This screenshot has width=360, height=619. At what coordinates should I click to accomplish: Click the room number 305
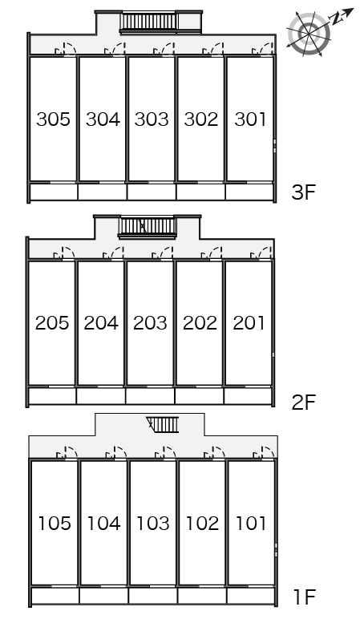pos(54,120)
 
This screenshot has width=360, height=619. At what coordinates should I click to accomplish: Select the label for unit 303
pos(152,120)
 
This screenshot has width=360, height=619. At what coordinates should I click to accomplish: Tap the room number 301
pos(250,120)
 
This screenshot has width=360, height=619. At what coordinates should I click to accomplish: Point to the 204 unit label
pos(101,323)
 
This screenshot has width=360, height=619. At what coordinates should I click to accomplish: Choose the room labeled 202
pos(200,323)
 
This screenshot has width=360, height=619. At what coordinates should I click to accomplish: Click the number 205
pos(52,323)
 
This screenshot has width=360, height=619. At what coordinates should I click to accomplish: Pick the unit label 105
pos(55,524)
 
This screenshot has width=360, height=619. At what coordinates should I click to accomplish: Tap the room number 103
pos(152,524)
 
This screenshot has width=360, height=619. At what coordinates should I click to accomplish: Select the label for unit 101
pos(252,524)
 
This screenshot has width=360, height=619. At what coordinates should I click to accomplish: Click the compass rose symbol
pos(308,32)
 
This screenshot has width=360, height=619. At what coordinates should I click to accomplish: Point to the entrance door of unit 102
pos(216,453)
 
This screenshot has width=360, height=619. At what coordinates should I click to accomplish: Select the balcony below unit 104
pos(103,595)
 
